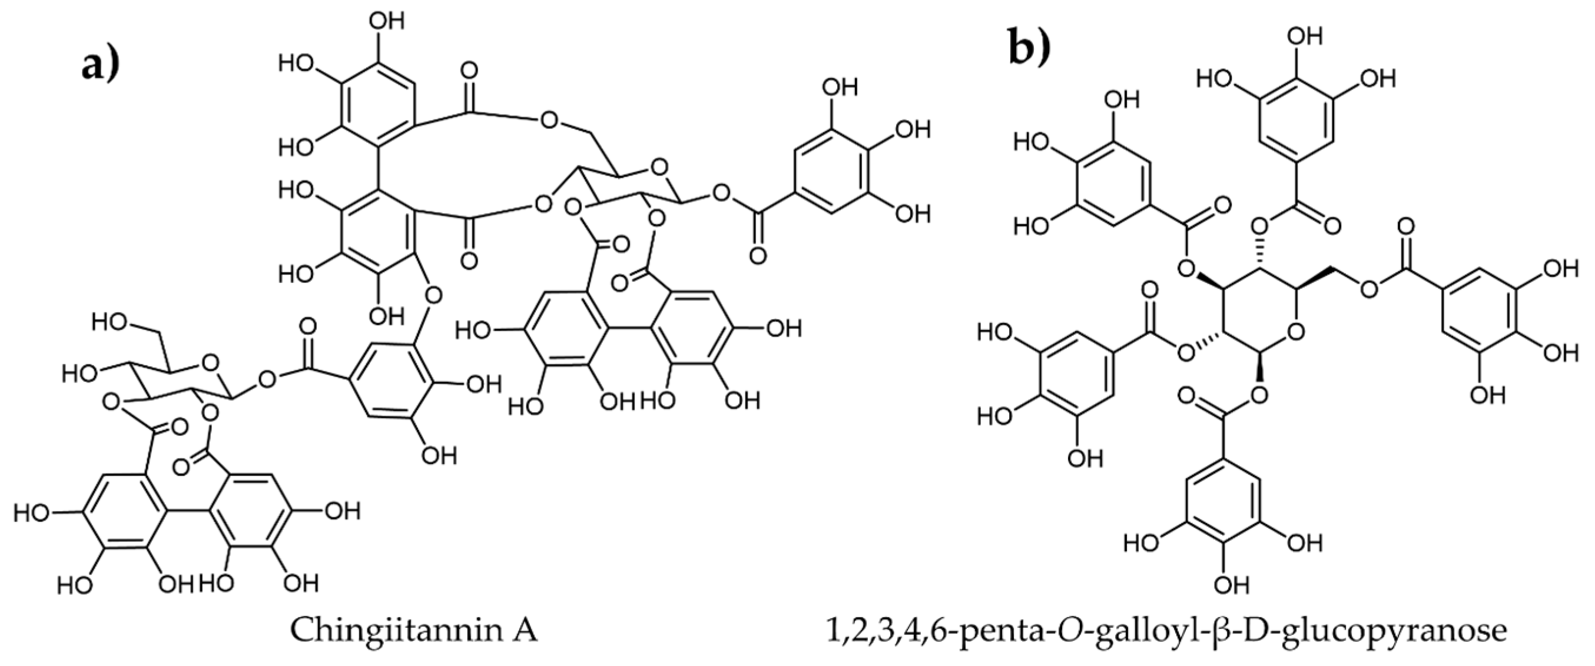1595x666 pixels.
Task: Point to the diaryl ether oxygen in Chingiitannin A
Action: tap(433, 292)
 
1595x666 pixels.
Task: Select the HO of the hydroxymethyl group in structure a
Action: tap(111, 321)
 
